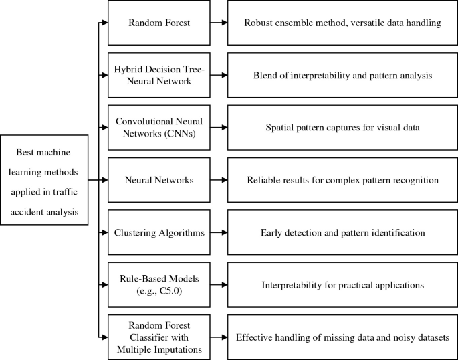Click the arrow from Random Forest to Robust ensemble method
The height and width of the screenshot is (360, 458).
217,23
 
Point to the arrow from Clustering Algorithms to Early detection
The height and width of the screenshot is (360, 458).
217,232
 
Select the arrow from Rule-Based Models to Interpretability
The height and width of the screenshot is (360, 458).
217,284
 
